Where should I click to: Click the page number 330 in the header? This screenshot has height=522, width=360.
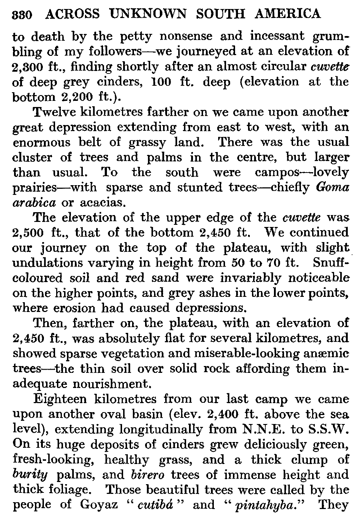23,15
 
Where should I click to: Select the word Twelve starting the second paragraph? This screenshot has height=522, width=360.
53,112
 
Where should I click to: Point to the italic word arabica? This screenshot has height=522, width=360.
34,203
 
